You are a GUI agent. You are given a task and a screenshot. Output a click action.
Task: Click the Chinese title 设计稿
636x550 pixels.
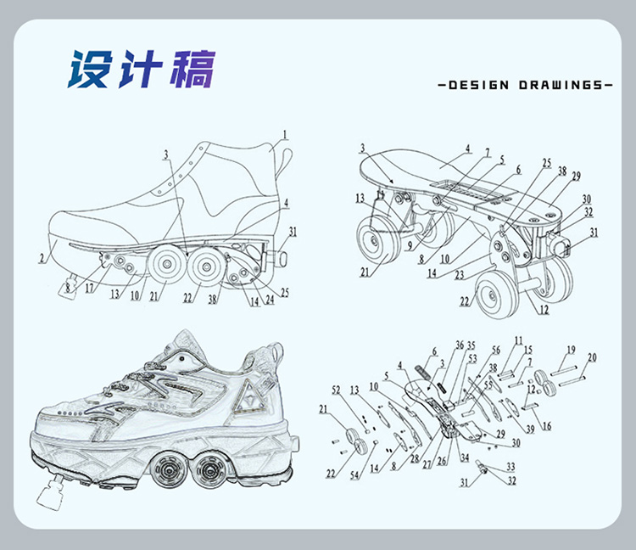[x=142, y=70]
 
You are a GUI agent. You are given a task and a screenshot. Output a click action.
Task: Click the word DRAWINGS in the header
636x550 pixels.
[x=555, y=85]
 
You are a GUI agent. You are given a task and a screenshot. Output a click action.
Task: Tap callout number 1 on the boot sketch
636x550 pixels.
[x=286, y=133]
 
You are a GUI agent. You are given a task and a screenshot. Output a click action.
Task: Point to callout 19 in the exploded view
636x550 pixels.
[x=571, y=349]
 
